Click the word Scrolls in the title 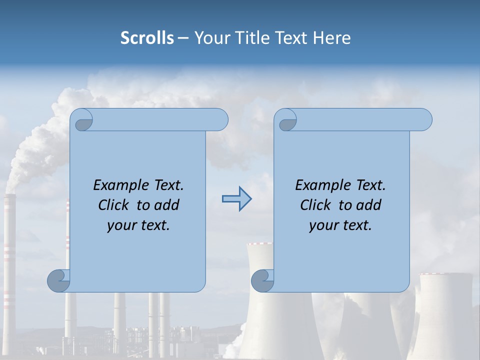pos(147,38)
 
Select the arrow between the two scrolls pos(236,199)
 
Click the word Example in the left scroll pos(118,185)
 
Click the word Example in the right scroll pos(320,185)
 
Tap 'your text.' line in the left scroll pos(138,225)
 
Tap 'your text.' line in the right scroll pos(340,225)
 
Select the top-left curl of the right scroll pos(286,120)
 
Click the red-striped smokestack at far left pos(9,250)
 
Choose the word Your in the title pos(210,38)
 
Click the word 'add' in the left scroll pos(167,205)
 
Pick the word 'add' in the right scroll pos(369,205)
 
